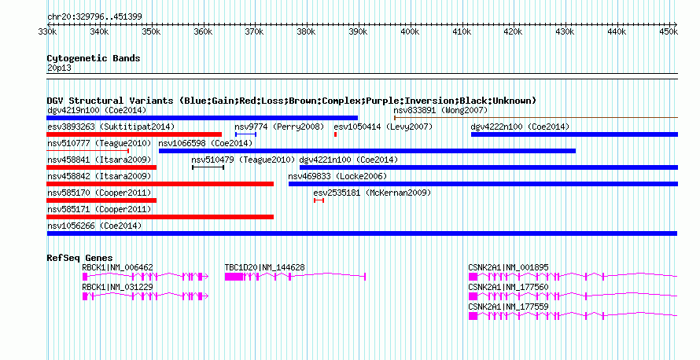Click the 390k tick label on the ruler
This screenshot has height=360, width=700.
[x=358, y=31]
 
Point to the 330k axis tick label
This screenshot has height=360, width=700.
[x=47, y=31]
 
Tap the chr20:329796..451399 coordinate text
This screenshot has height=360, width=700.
[x=94, y=17]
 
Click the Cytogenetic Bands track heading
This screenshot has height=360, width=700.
[x=94, y=58]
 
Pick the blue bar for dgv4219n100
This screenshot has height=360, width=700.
[x=202, y=118]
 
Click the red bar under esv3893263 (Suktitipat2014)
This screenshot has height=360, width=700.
[x=134, y=134]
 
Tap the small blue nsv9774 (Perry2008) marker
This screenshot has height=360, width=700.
[x=245, y=134]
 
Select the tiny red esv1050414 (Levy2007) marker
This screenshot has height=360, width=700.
[x=335, y=134]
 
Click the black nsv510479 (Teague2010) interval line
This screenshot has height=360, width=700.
[x=208, y=167]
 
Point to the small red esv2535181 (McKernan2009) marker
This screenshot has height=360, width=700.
[x=319, y=200]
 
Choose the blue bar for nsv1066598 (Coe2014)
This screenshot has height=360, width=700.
[x=367, y=151]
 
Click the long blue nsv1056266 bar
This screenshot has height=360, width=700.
[x=362, y=233]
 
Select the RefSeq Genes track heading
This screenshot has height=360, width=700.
[x=79, y=258]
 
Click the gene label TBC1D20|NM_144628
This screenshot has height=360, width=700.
[x=264, y=267]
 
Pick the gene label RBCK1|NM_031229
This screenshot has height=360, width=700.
[x=117, y=287]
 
